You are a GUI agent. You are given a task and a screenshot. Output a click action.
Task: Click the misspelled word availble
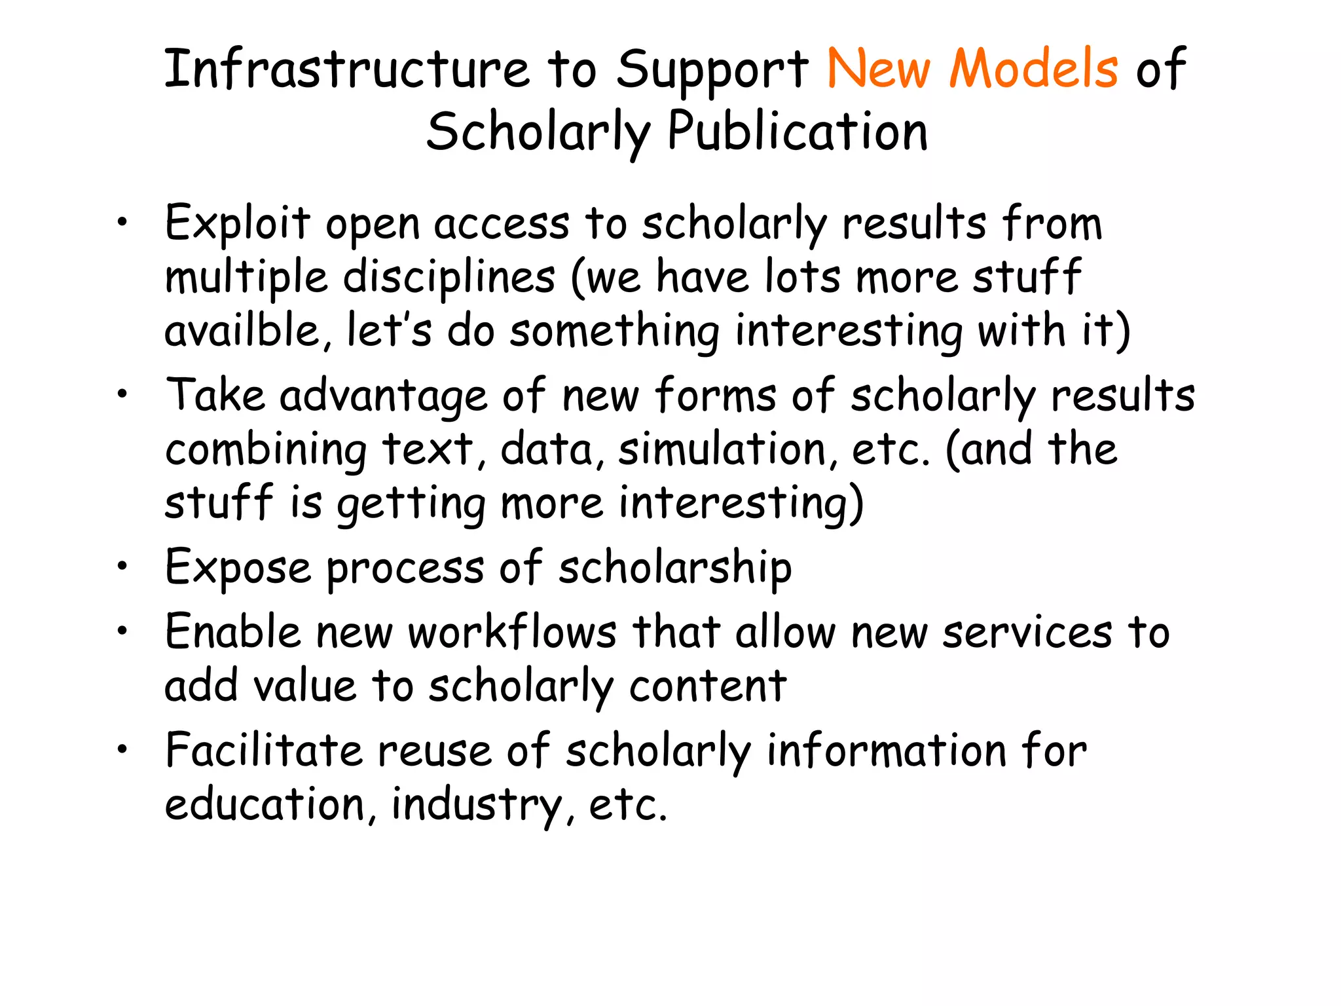pyautogui.click(x=242, y=330)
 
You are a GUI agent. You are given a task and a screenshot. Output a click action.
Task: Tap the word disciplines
pyautogui.click(x=449, y=277)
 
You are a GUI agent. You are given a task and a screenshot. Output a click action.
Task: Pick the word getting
pyautogui.click(x=411, y=504)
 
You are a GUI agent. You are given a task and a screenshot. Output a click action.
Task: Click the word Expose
pyautogui.click(x=238, y=567)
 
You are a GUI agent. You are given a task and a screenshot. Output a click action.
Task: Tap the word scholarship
pyautogui.click(x=674, y=567)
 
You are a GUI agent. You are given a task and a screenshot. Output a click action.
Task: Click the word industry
pyautogui.click(x=475, y=804)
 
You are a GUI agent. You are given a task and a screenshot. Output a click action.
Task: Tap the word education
pyautogui.click(x=265, y=804)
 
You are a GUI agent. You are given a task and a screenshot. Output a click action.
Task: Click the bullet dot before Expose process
pyautogui.click(x=122, y=565)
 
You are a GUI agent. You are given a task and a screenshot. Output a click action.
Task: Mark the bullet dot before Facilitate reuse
pyautogui.click(x=122, y=748)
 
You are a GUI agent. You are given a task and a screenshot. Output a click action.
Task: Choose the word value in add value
pyautogui.click(x=304, y=686)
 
